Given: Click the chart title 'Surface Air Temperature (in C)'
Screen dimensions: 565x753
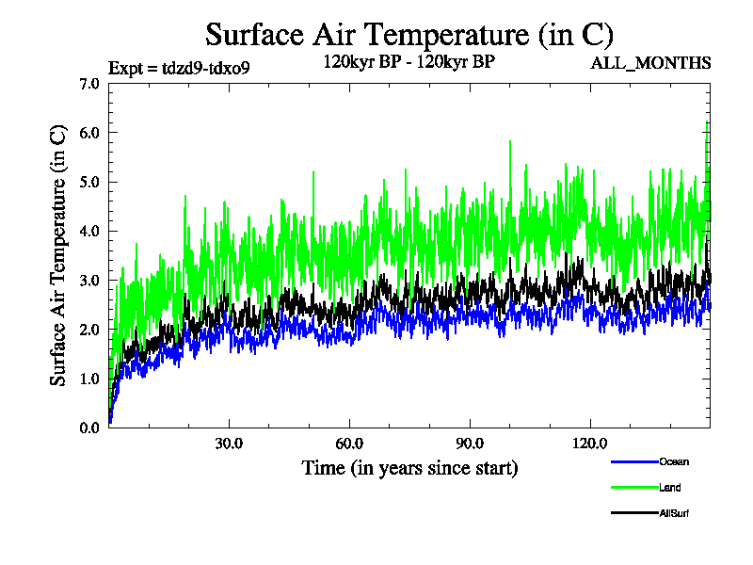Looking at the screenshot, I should point(409,35).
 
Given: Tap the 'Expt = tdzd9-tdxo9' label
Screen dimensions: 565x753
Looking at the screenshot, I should point(179,68).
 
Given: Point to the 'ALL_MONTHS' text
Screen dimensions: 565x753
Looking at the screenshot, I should point(650,63).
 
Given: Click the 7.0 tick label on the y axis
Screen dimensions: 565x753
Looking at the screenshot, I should point(89,84).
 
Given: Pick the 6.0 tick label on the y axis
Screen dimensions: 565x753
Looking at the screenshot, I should point(89,133).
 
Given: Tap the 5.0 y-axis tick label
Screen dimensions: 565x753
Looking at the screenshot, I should point(89,182).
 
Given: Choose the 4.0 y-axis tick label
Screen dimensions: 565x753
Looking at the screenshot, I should point(89,231).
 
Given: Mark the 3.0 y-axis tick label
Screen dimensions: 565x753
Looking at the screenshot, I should point(89,281).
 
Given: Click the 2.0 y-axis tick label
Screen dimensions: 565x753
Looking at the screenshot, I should point(89,330).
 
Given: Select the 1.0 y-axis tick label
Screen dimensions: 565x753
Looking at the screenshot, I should point(89,379).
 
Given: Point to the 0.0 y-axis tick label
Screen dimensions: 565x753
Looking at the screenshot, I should point(89,428).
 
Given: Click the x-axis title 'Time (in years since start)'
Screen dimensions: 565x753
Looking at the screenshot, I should point(409,467).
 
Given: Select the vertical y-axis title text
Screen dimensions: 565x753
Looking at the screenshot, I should point(58,255).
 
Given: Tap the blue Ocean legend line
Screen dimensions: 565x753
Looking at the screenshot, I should point(633,461).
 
